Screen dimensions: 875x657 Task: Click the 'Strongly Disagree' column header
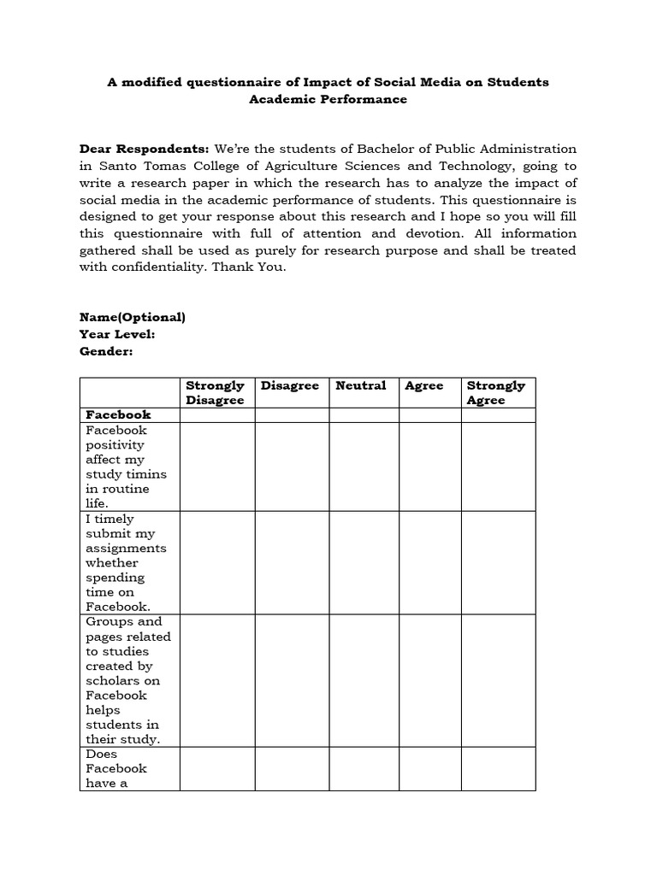[x=215, y=393]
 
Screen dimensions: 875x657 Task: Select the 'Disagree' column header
[x=290, y=386]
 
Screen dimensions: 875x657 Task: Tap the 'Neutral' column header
[x=360, y=386]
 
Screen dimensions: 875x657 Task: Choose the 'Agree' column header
[x=424, y=386]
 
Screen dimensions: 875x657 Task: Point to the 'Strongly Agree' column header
[x=496, y=393]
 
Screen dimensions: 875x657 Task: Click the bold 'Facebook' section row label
[x=117, y=415]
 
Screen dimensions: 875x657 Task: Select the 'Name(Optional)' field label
[x=133, y=317]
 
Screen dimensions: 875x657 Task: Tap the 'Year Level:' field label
[x=117, y=334]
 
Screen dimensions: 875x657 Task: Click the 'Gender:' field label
[x=106, y=351]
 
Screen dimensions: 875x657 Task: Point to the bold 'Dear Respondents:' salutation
[x=144, y=149]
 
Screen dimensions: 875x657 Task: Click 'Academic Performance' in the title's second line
[x=328, y=99]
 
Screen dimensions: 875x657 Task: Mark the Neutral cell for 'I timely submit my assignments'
[x=364, y=562]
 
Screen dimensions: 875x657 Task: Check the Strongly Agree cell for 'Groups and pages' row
[x=498, y=680]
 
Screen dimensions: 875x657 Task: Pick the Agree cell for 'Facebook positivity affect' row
[x=430, y=467]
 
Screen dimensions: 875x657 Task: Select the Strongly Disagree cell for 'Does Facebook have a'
[x=217, y=769]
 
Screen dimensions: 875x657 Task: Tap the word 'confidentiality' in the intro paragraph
[x=151, y=267]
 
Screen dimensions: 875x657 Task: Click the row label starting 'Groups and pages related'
[x=128, y=680]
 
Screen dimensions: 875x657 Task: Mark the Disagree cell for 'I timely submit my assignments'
[x=292, y=562]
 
